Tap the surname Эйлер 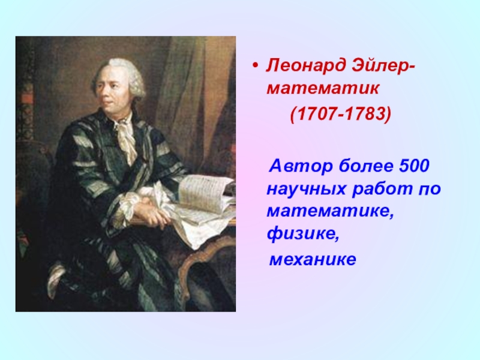click(x=382, y=65)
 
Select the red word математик click(x=323, y=89)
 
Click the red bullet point click(x=256, y=65)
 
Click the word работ click(x=382, y=189)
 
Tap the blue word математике click(x=331, y=212)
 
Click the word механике click(x=313, y=260)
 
